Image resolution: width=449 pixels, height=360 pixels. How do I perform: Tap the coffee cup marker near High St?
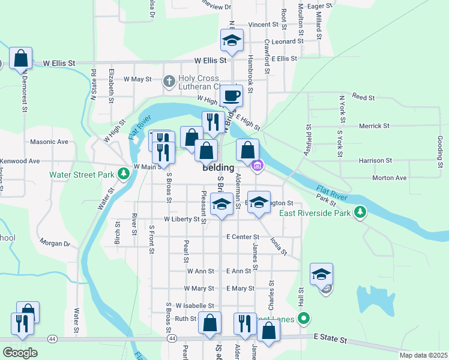point(231,95)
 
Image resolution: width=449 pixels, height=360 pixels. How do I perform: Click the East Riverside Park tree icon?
point(360,212)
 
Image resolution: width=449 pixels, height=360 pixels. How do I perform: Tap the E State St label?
point(330,340)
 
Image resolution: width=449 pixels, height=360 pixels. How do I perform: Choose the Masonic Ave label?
point(49,142)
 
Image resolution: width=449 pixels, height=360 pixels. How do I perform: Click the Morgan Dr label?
point(55,244)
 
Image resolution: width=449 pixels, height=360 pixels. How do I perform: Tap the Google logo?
point(20,353)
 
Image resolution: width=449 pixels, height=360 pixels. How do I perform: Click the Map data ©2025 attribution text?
point(423,355)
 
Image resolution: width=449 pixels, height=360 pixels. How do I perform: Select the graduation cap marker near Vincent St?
point(232,40)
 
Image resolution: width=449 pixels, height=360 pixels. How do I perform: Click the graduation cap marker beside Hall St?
point(321,274)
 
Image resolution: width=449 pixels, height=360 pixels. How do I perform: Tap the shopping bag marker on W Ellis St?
point(20,59)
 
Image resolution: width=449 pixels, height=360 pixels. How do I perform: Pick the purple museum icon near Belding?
point(258,166)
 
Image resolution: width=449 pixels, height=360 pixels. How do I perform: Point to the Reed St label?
point(363,97)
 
